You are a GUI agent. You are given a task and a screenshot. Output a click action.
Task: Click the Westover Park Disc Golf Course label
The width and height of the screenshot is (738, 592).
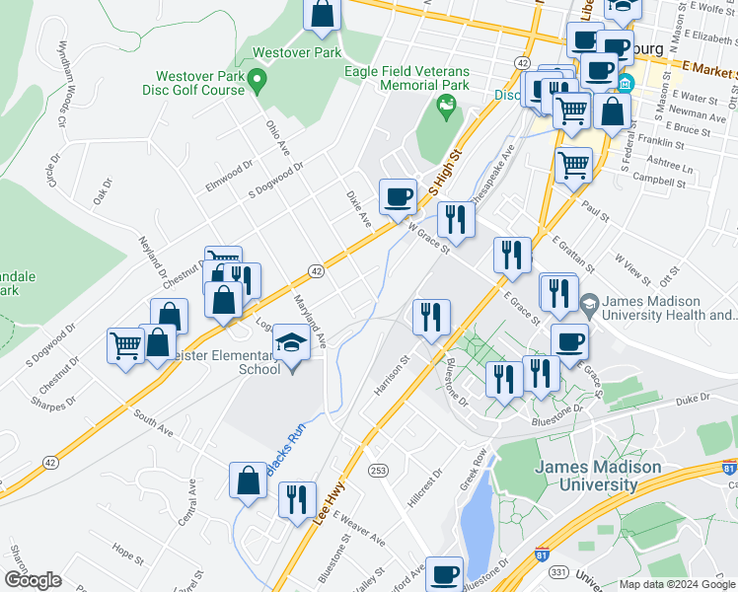[202, 85]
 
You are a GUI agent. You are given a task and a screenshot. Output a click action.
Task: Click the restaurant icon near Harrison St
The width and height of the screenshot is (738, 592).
[431, 318]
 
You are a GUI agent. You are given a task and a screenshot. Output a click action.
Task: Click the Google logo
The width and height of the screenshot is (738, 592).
[34, 580]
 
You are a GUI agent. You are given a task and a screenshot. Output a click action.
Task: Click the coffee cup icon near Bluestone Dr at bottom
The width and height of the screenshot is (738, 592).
[444, 572]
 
